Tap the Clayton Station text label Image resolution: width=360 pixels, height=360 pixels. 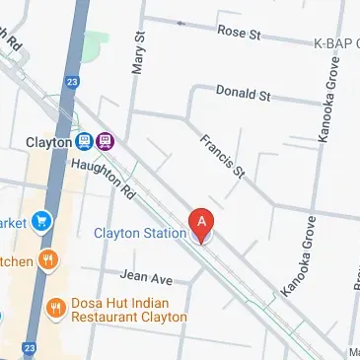coord(140,234)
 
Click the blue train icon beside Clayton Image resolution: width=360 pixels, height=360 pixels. coord(85,141)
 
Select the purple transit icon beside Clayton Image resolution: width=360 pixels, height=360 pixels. coord(106,141)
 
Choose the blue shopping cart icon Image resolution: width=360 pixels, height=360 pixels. coord(42,220)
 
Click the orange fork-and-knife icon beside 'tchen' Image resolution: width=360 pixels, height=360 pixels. coord(49,261)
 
